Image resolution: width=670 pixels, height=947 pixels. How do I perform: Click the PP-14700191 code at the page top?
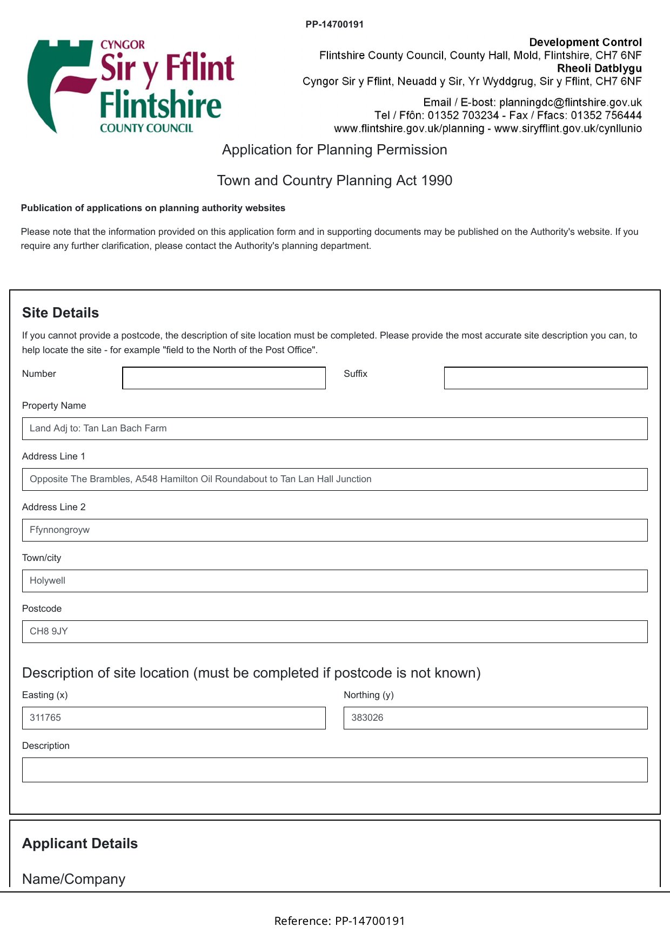334,24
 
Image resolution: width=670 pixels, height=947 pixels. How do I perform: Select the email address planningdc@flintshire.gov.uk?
570,103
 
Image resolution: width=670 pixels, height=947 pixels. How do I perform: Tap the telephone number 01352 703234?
463,116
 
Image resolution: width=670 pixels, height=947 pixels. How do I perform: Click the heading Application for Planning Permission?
334,150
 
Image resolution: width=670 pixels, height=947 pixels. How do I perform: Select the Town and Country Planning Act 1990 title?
334,181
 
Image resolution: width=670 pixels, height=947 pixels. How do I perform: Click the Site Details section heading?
61,313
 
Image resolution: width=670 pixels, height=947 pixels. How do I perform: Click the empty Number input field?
224,378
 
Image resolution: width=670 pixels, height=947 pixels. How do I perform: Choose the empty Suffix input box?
545,378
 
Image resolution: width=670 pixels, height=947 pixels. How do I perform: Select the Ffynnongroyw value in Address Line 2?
60,530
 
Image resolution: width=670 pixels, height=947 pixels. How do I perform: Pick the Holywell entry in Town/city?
48,581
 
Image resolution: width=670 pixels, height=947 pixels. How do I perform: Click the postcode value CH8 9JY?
49,632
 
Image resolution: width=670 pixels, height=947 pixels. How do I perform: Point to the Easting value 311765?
45,718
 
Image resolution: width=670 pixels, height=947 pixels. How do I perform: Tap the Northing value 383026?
367,718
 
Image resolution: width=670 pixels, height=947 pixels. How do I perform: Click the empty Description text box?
334,770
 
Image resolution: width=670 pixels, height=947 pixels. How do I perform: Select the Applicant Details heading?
80,844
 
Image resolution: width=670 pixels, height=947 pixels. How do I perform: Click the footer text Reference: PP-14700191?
339,921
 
